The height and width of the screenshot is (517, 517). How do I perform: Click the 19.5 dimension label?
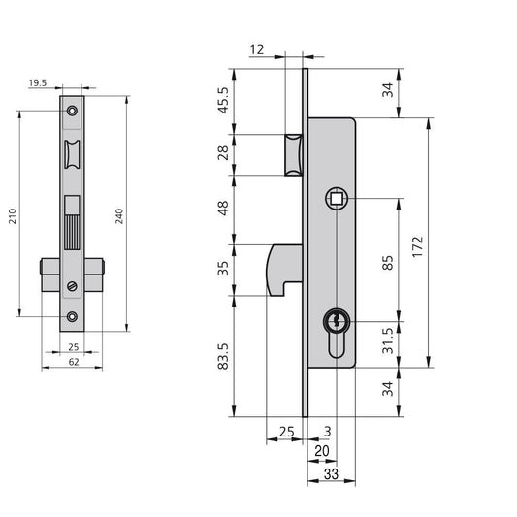click(38, 83)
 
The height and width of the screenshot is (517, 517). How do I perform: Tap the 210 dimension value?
click(13, 216)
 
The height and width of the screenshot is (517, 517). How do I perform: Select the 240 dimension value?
click(119, 216)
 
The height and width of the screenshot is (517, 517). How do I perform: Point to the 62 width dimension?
click(74, 362)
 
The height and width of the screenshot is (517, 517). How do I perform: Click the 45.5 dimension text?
click(223, 100)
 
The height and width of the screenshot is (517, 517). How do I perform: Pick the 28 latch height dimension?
click(223, 152)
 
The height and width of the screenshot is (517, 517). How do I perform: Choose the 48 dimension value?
click(223, 208)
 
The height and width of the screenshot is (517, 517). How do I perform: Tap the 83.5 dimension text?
click(223, 356)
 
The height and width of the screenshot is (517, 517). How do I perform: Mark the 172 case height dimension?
click(417, 246)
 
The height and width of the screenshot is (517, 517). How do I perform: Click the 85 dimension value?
click(388, 263)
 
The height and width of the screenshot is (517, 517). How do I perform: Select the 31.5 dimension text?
click(388, 340)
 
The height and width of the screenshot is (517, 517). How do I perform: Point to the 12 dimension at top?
click(257, 49)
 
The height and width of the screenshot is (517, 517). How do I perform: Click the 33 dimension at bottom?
click(331, 474)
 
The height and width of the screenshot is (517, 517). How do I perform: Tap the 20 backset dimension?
click(322, 451)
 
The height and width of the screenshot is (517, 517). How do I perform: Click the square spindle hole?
click(337, 199)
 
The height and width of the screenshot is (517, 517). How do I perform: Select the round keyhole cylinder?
click(336, 321)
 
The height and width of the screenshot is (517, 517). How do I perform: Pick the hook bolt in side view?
click(284, 270)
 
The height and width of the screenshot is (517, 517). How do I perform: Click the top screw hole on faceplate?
click(72, 111)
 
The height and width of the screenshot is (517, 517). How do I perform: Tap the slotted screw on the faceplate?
click(72, 286)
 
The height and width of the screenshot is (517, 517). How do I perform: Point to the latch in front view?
click(72, 154)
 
